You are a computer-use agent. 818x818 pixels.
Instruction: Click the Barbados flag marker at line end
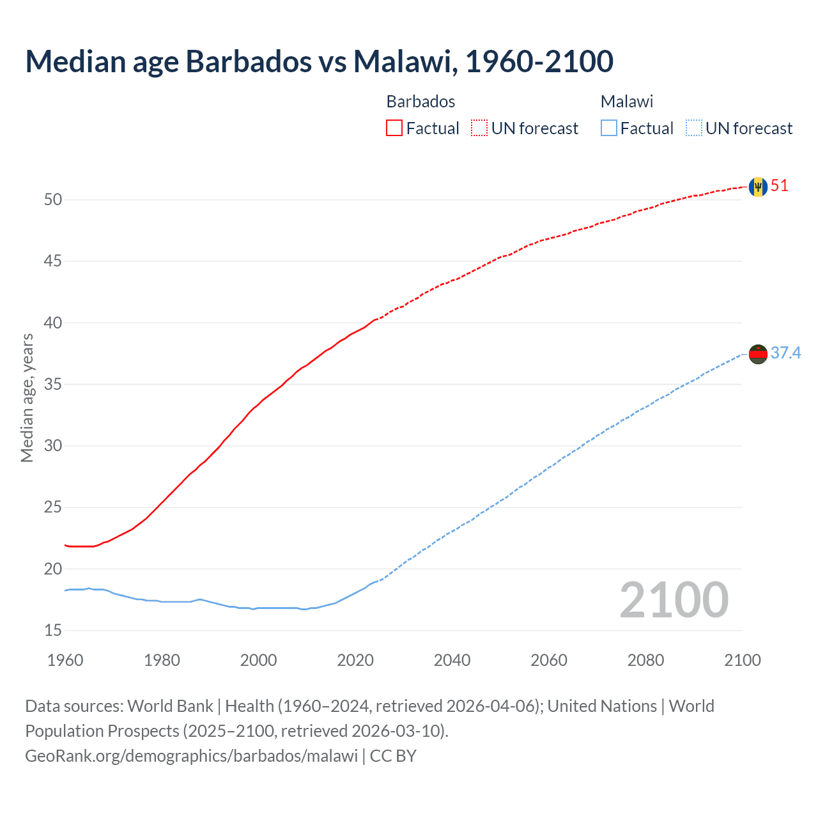pyautogui.click(x=758, y=187)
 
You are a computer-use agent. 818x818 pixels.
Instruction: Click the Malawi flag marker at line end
pyautogui.click(x=758, y=353)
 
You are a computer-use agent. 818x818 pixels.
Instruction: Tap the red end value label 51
pyautogui.click(x=780, y=186)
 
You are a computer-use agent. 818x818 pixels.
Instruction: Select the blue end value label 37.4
pyautogui.click(x=785, y=353)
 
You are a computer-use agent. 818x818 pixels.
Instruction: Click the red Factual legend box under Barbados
pyautogui.click(x=394, y=128)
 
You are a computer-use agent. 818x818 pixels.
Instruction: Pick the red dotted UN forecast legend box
pyautogui.click(x=479, y=128)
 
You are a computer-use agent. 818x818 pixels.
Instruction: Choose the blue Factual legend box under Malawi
pyautogui.click(x=609, y=128)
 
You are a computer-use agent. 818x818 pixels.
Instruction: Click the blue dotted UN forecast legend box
pyautogui.click(x=693, y=128)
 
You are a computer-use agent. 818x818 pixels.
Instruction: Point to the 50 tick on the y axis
pyautogui.click(x=53, y=199)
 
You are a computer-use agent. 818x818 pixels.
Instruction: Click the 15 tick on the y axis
pyautogui.click(x=53, y=631)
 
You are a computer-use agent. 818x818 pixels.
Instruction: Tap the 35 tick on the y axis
pyautogui.click(x=53, y=385)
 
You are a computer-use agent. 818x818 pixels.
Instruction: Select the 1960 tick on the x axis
pyautogui.click(x=65, y=660)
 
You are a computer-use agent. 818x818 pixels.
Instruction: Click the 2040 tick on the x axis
pyautogui.click(x=452, y=660)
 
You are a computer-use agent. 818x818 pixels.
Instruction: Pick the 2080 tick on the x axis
pyautogui.click(x=645, y=660)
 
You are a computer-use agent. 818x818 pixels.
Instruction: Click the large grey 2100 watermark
pyautogui.click(x=674, y=599)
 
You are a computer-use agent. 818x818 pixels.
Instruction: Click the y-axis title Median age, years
pyautogui.click(x=27, y=397)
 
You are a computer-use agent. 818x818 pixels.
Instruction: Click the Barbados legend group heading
pyautogui.click(x=421, y=102)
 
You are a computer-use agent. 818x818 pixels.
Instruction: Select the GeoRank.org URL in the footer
pyautogui.click(x=191, y=756)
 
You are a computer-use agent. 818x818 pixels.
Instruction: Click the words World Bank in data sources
pyautogui.click(x=170, y=706)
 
